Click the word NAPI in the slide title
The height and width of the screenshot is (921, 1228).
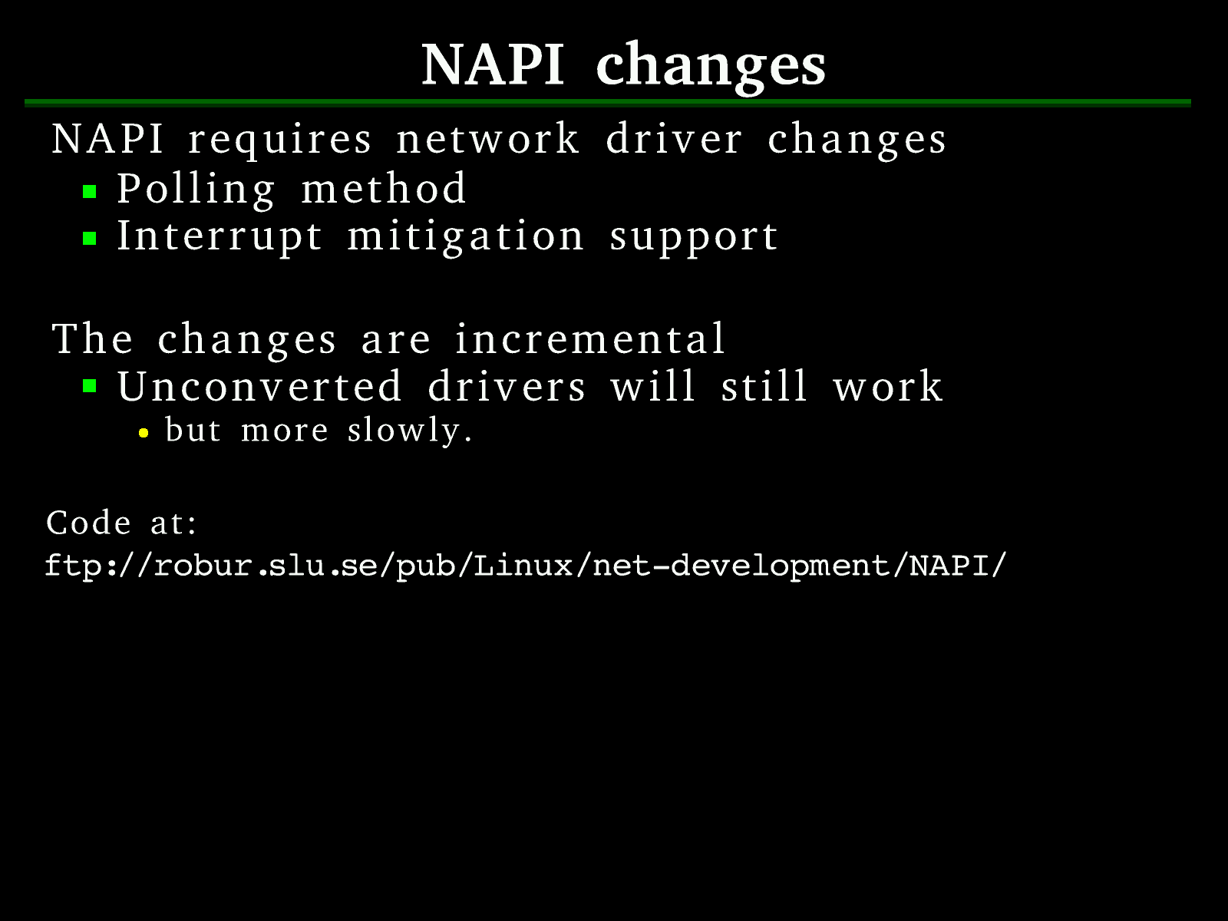pos(492,65)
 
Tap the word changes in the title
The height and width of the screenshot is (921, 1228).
pos(711,67)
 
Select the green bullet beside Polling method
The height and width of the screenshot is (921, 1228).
pos(90,192)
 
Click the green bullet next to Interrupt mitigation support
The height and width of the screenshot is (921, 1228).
pos(90,239)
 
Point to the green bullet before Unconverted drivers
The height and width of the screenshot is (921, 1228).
pos(90,386)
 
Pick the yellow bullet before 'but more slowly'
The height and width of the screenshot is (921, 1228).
pos(144,433)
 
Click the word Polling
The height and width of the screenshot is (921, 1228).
pos(196,190)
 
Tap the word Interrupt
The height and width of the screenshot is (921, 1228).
pos(220,237)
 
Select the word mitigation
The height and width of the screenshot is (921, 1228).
pos(465,237)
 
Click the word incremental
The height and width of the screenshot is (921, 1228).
pos(589,339)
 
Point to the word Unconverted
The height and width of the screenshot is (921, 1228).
pos(259,386)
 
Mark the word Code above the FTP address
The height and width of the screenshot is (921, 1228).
pos(88,523)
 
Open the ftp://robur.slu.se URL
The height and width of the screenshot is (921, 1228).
pos(525,566)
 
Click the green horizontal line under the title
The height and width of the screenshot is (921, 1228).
pos(608,103)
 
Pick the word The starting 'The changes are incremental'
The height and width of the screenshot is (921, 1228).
pos(92,339)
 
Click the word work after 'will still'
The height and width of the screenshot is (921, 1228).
pos(888,386)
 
